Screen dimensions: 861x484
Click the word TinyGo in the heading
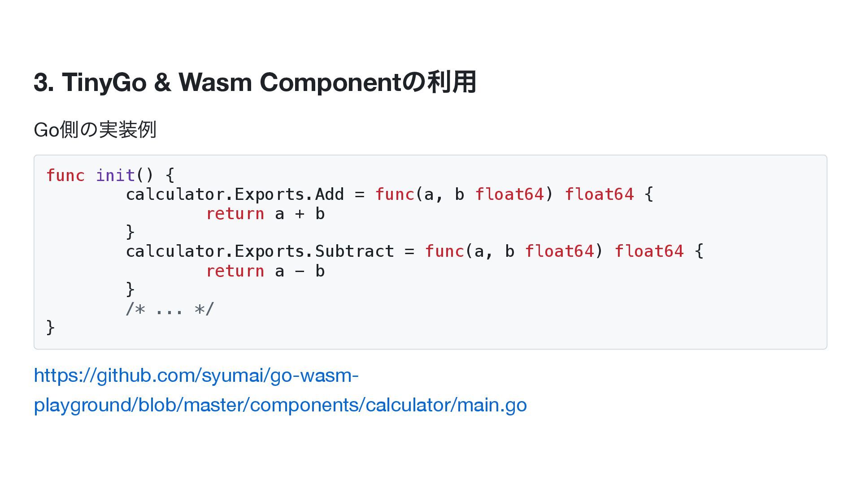pyautogui.click(x=104, y=82)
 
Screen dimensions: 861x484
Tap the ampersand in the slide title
pyautogui.click(x=162, y=82)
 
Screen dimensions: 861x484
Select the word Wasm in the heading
pyautogui.click(x=215, y=82)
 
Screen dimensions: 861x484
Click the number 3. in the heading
pyautogui.click(x=44, y=82)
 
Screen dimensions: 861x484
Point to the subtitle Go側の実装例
pyautogui.click(x=95, y=130)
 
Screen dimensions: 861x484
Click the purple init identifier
pyautogui.click(x=115, y=175)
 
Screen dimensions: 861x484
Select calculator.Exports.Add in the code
pyautogui.click(x=235, y=194)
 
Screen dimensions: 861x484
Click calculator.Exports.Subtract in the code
pyautogui.click(x=260, y=251)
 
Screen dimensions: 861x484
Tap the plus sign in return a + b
pyautogui.click(x=300, y=214)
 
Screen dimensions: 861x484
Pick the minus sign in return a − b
pyautogui.click(x=300, y=271)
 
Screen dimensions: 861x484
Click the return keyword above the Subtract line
pyautogui.click(x=235, y=214)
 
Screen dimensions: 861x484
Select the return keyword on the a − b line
pyautogui.click(x=235, y=271)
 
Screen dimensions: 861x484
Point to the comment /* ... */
pyautogui.click(x=170, y=309)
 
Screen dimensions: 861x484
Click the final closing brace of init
pyautogui.click(x=50, y=328)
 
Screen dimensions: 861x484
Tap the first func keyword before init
pyautogui.click(x=65, y=175)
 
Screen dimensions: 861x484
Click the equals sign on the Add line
pyautogui.click(x=360, y=194)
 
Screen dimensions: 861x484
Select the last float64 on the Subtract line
pyautogui.click(x=649, y=251)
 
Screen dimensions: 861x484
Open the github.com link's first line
pyautogui.click(x=196, y=376)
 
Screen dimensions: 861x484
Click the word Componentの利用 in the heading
pyautogui.click(x=368, y=82)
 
